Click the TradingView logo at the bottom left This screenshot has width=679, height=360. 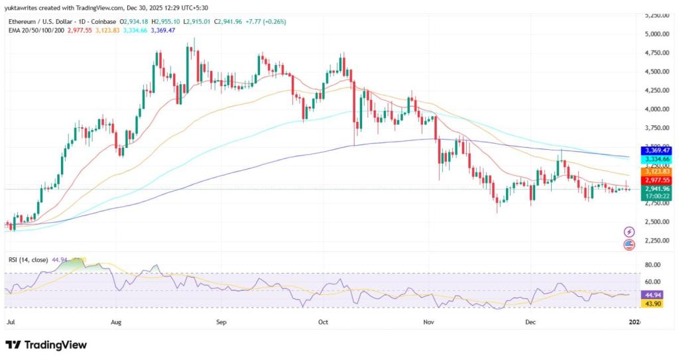46,345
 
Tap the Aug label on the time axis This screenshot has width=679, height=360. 117,322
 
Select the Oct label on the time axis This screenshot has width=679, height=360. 324,322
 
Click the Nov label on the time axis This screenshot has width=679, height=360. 428,322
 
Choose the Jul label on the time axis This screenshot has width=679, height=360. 10,322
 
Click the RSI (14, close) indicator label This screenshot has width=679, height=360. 29,260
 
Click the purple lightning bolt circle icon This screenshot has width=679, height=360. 629,232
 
